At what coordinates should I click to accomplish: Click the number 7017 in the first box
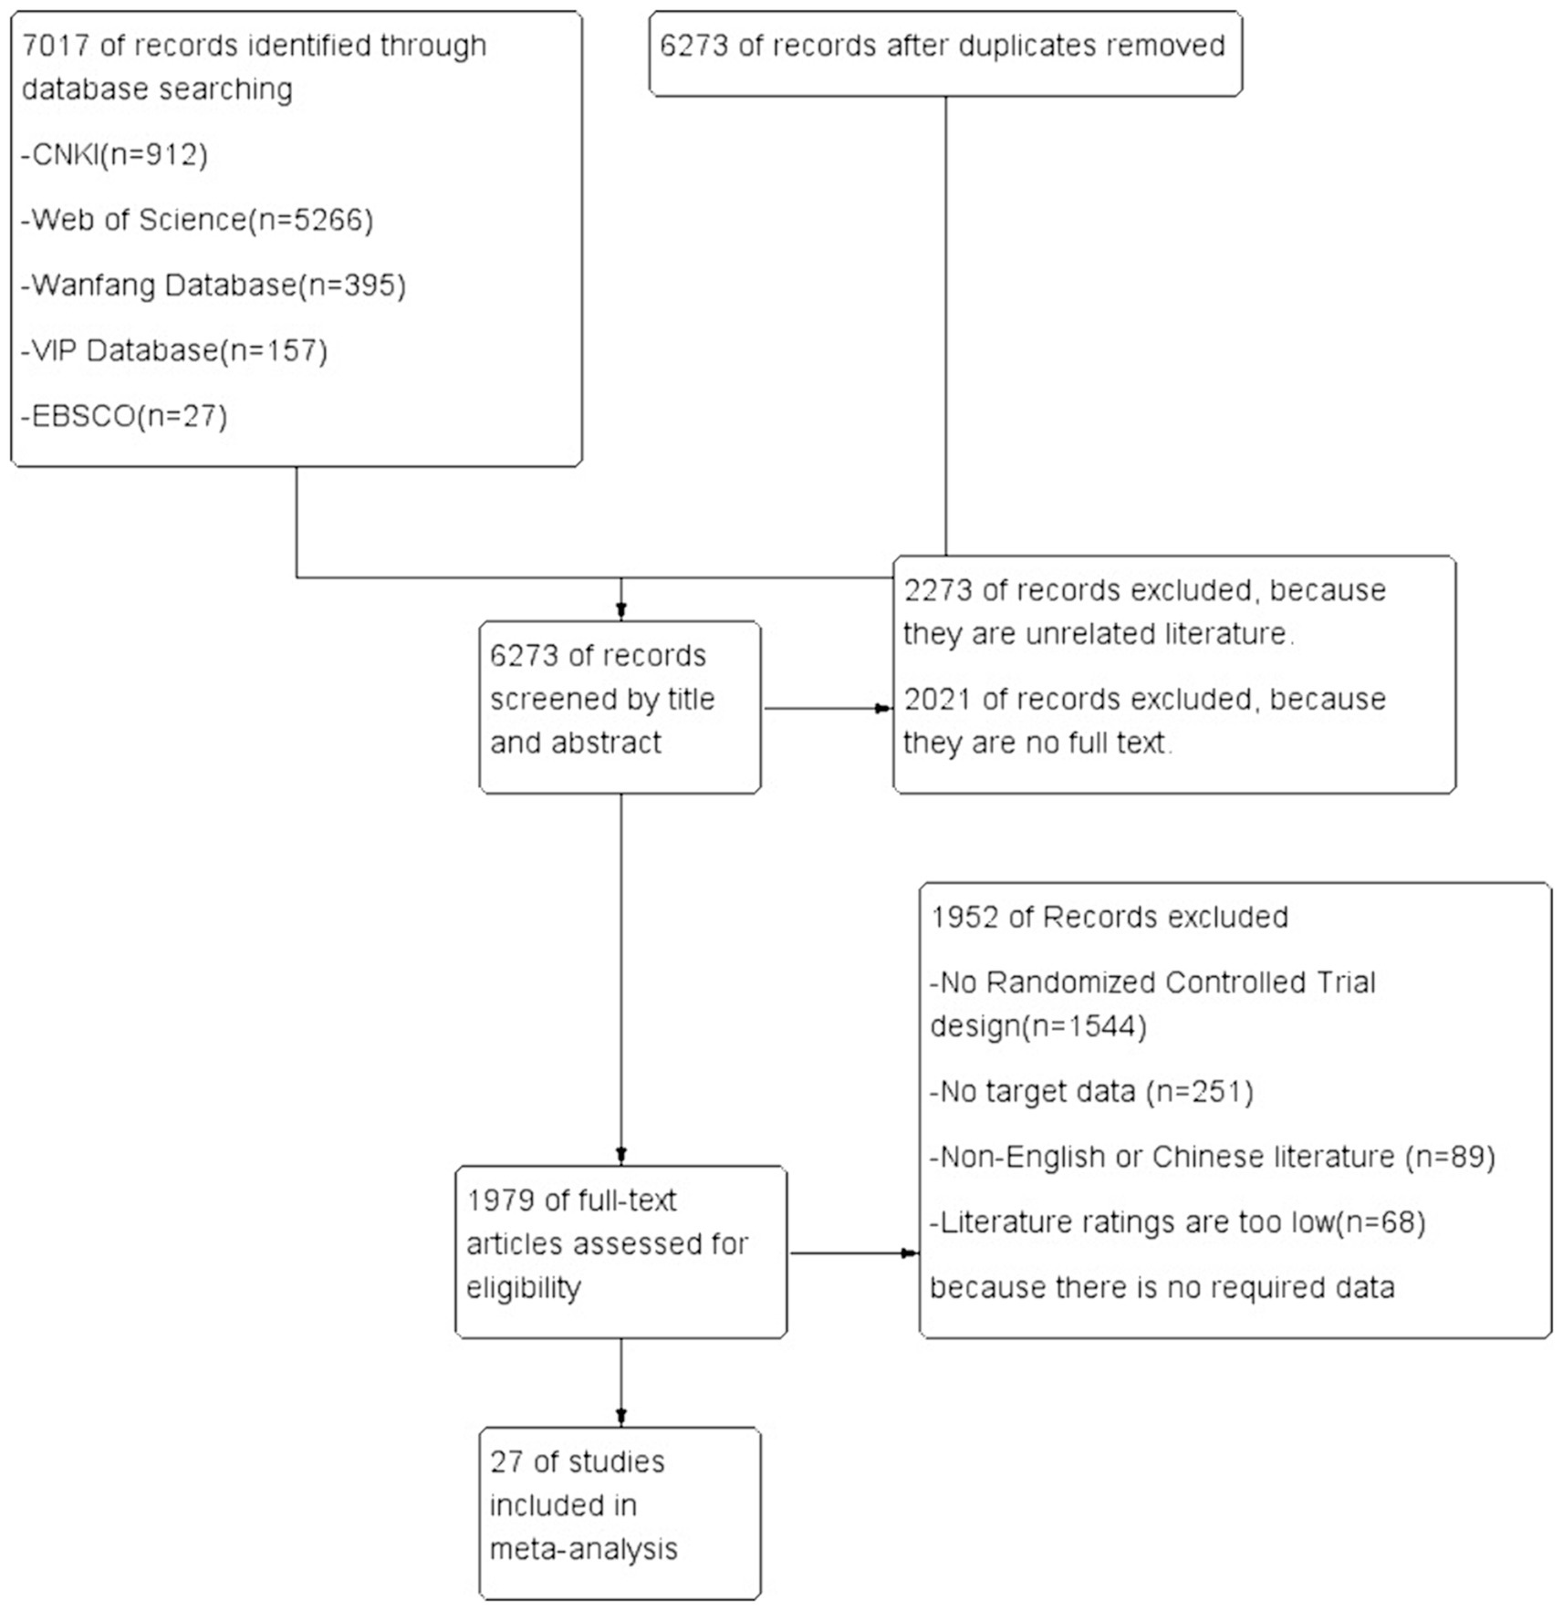click(x=56, y=45)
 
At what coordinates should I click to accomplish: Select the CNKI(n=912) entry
click(x=115, y=154)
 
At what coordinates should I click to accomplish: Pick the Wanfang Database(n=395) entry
click(x=214, y=286)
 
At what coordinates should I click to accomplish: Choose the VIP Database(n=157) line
click(x=174, y=351)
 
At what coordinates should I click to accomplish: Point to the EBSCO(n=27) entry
click(x=124, y=417)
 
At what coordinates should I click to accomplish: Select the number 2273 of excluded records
click(x=938, y=590)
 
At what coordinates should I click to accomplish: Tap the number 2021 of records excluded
click(x=938, y=699)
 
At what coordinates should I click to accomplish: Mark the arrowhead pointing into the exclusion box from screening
click(x=884, y=708)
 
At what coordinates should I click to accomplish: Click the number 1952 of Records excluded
click(x=964, y=917)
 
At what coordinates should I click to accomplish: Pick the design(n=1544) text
click(x=1038, y=1026)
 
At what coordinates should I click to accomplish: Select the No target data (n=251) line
click(x=1092, y=1092)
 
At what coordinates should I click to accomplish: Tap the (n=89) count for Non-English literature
click(x=1450, y=1158)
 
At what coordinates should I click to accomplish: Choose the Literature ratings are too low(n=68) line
click(x=1178, y=1222)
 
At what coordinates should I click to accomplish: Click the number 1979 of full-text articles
click(x=500, y=1200)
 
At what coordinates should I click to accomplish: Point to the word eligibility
click(x=524, y=1288)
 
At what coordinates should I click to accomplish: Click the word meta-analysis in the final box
click(x=584, y=1549)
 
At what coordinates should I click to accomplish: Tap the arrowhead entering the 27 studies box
click(x=621, y=1418)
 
